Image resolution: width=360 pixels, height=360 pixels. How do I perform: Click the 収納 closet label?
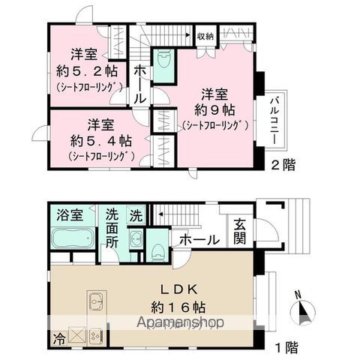coord(205,35)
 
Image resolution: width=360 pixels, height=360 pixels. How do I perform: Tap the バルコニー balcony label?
coord(275,122)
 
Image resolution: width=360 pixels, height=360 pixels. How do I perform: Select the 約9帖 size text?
coord(214,109)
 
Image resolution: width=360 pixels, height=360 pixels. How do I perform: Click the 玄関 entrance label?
coord(238,231)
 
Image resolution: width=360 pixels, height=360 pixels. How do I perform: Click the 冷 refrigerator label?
coord(58,337)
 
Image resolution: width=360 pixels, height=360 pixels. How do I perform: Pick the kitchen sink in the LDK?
coord(97,304)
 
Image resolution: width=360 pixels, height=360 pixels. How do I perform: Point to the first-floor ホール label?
coord(199,240)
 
